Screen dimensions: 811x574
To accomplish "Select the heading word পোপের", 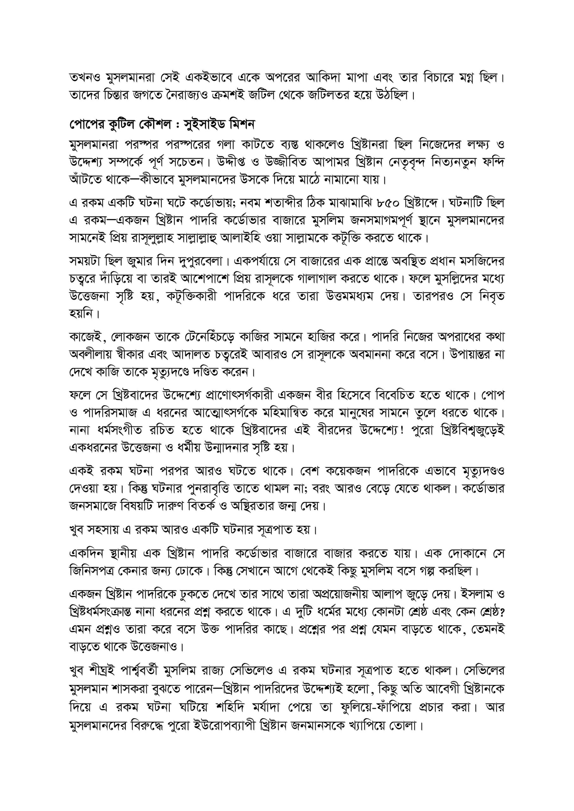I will coord(83,125).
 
